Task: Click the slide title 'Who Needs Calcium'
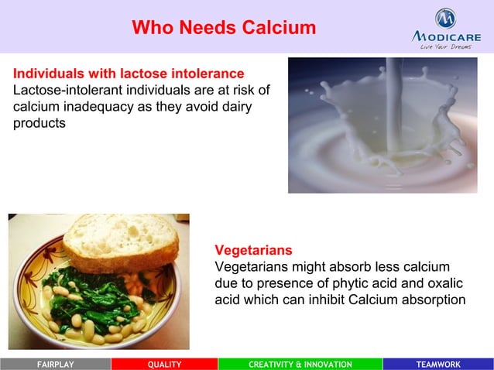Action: coord(224,28)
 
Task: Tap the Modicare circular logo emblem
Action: coord(444,18)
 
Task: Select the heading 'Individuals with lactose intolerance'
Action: coord(129,74)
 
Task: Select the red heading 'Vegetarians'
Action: coord(253,251)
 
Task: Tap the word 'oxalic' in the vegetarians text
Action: coord(442,283)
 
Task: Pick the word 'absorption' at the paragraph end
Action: coord(429,300)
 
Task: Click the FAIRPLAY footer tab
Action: coord(55,365)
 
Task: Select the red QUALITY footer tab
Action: coord(164,365)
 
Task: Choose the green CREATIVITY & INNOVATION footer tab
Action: coord(300,365)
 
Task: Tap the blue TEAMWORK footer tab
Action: coord(437,365)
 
